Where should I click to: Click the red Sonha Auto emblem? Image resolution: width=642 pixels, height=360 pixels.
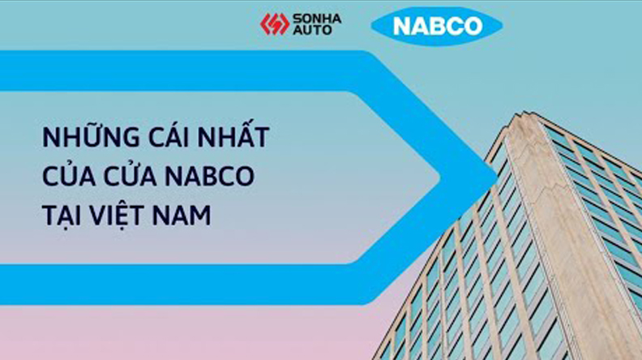[x=274, y=24]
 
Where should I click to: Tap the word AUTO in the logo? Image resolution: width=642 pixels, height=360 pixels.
[x=312, y=31]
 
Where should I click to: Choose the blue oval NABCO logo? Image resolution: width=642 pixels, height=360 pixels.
[x=436, y=25]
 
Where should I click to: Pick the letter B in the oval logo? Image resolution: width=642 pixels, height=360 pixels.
[x=437, y=26]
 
